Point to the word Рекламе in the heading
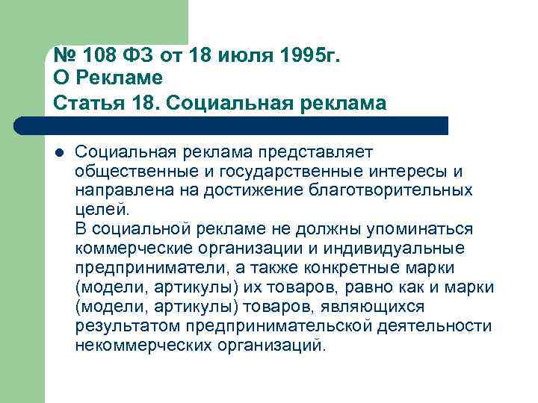[118, 78]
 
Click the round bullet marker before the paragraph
[58, 153]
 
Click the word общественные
[132, 172]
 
